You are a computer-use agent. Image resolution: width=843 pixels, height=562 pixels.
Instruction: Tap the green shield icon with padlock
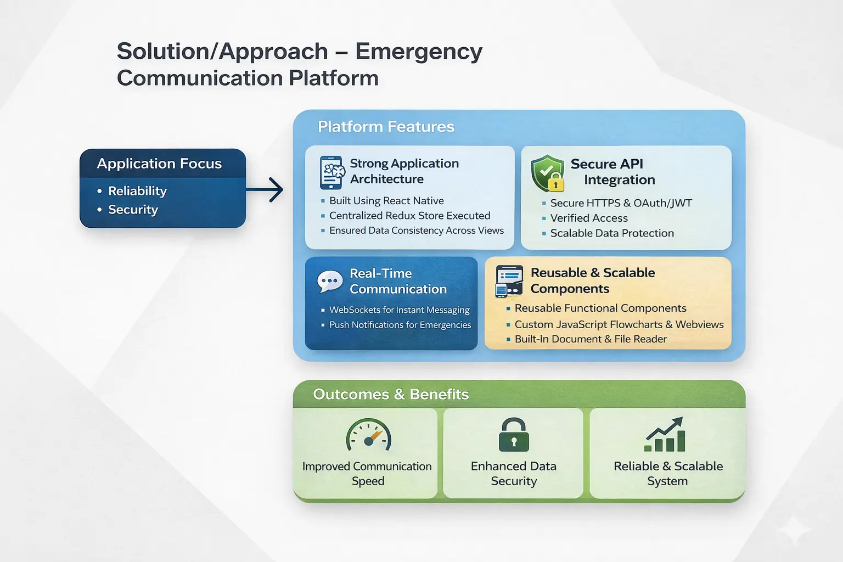tap(548, 173)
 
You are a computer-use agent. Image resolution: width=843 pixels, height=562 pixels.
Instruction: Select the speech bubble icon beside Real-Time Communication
tap(330, 282)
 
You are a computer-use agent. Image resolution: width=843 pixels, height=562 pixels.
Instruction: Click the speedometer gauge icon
tap(368, 436)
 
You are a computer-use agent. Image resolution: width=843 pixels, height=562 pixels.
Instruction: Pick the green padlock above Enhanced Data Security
tap(514, 435)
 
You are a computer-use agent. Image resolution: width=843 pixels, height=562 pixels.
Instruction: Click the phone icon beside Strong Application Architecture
tap(331, 172)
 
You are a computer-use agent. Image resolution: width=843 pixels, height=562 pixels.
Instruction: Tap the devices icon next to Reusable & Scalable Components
tap(509, 281)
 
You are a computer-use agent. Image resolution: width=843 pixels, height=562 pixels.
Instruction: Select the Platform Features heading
tap(386, 127)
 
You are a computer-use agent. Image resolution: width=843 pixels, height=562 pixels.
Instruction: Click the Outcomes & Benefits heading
tap(391, 394)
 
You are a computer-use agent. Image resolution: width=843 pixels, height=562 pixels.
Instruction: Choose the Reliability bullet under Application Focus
tap(137, 191)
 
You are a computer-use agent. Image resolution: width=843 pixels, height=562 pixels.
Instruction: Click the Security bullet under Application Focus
tap(133, 210)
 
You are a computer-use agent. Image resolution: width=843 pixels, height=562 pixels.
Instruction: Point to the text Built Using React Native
tap(386, 201)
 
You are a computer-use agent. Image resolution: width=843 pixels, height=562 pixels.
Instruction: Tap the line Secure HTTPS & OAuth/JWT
tap(621, 203)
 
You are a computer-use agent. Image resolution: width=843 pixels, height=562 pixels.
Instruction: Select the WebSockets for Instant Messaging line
tap(399, 310)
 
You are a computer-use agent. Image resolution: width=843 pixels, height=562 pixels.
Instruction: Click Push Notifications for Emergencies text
tap(400, 325)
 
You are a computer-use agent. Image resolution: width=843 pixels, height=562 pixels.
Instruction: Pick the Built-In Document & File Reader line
tap(591, 339)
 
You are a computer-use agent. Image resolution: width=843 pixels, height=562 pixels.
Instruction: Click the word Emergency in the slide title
tap(419, 52)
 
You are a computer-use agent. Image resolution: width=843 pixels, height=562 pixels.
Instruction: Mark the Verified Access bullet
tap(589, 218)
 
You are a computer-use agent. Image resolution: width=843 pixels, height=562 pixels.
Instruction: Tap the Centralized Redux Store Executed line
tap(409, 216)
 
